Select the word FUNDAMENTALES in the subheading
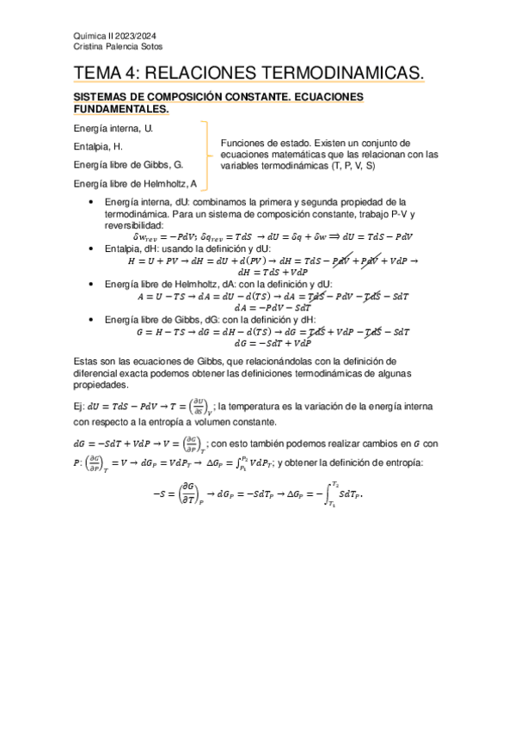click(x=121, y=109)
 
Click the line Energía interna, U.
click(x=113, y=128)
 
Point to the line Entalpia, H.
click(x=101, y=146)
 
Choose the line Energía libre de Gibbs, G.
click(x=128, y=164)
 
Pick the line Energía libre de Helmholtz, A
click(x=136, y=182)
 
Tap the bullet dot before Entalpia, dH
click(x=91, y=248)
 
